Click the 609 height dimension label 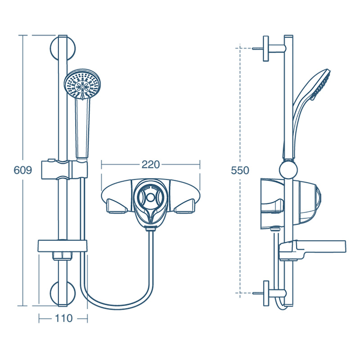[22, 171]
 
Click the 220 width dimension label [150, 165]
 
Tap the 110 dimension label [63, 319]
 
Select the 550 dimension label [240, 171]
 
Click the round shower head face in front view [83, 85]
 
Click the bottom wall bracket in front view [63, 293]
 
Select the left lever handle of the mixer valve [116, 207]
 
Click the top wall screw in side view [257, 48]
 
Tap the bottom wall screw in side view [257, 293]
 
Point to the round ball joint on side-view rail [288, 171]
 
